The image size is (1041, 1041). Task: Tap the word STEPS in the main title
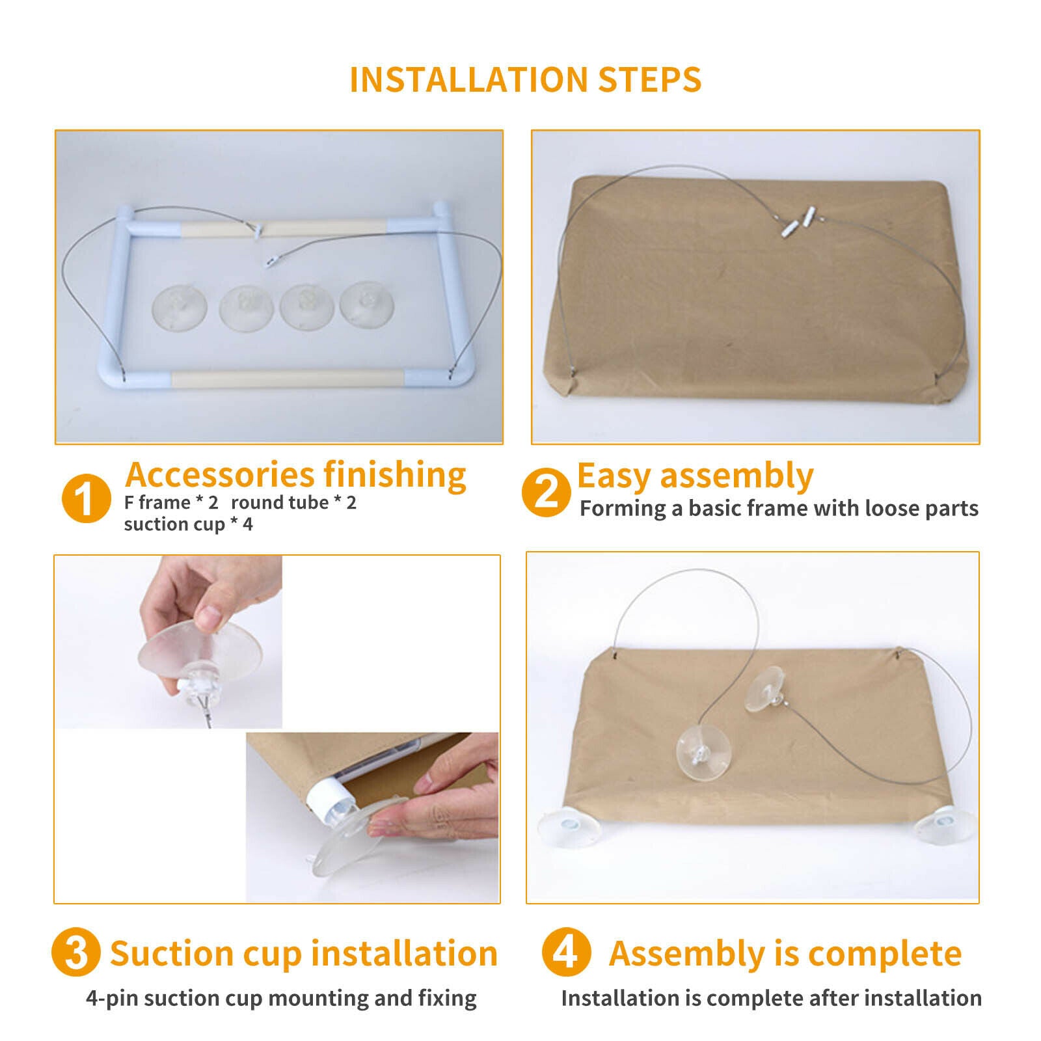coord(650,80)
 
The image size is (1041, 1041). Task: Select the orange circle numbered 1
coord(86,498)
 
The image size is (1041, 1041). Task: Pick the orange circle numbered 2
coord(547,493)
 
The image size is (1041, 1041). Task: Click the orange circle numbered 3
coord(76,952)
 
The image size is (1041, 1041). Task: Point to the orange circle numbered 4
coord(566,952)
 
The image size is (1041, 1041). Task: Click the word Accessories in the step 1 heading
coord(219,474)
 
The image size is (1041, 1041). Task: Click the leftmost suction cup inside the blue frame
coord(180,305)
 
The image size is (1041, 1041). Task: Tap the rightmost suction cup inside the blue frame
coord(367,304)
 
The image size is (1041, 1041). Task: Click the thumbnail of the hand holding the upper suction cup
coord(169,642)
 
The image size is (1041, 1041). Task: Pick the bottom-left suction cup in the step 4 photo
coord(569,828)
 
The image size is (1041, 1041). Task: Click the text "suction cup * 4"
coord(189,524)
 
